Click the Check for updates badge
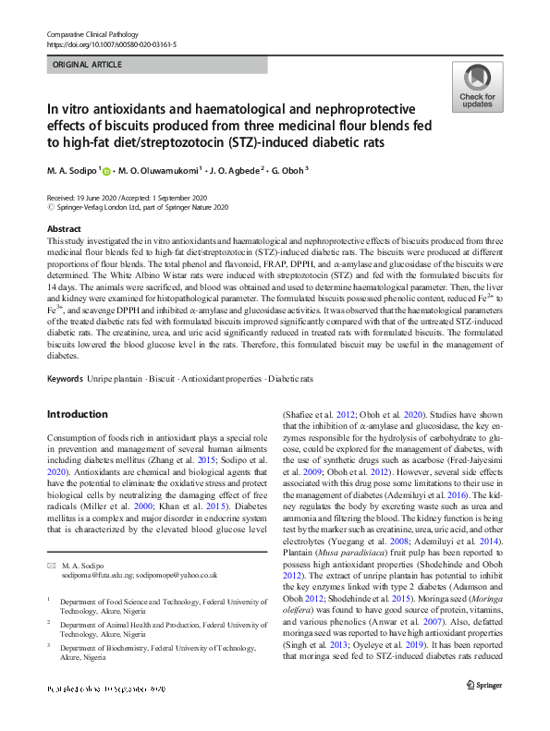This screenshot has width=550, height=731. pos(476,90)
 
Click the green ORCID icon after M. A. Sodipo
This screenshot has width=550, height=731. pos(106,171)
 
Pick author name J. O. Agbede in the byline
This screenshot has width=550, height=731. pos(233,171)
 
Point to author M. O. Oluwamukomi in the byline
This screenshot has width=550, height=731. pos(156,171)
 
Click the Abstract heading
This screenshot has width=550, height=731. pos(64,229)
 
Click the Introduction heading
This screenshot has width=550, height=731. pos(78,414)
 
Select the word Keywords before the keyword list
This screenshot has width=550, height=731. pos(66,379)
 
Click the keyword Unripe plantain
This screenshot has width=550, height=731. pos(116,379)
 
